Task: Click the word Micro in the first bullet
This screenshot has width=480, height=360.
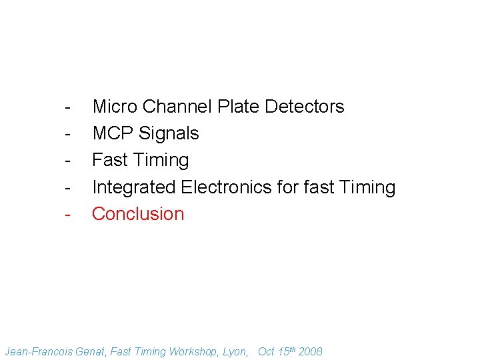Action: pyautogui.click(x=115, y=107)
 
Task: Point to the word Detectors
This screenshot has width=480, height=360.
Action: pyautogui.click(x=305, y=107)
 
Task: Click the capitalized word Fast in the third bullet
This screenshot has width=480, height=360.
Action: pyautogui.click(x=109, y=160)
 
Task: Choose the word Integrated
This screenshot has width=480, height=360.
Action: pyautogui.click(x=134, y=187)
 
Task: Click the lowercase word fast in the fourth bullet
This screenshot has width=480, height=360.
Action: pyautogui.click(x=319, y=187)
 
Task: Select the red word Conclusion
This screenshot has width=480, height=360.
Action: pyautogui.click(x=138, y=214)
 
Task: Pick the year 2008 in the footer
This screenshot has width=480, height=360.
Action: pyautogui.click(x=310, y=351)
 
